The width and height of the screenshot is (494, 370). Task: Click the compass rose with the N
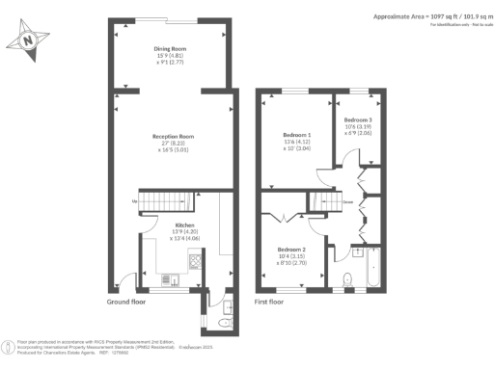28,41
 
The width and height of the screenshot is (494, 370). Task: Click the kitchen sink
174,280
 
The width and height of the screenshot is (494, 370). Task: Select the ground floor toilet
225,308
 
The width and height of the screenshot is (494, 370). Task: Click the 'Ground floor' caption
127,302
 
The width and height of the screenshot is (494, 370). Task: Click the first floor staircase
320,202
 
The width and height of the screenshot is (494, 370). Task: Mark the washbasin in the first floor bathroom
355,252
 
